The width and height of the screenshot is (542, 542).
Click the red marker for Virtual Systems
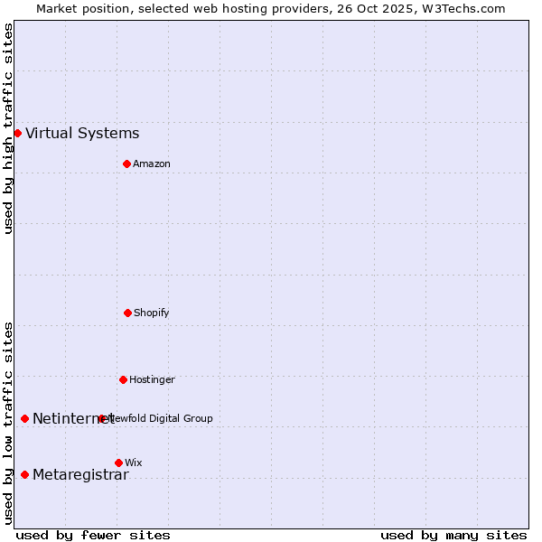tap(17, 133)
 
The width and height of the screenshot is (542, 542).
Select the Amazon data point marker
tap(126, 164)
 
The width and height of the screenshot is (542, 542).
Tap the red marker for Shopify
tap(127, 313)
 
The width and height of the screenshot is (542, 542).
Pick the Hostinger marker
tap(123, 379)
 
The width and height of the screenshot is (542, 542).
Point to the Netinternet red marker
tap(24, 418)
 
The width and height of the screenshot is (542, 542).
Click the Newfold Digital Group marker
tap(101, 418)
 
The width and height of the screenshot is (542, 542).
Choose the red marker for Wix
tap(118, 463)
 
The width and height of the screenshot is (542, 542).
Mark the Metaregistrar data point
tap(24, 475)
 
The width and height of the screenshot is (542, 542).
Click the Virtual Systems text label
tap(82, 134)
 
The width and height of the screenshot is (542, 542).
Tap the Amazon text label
tap(152, 164)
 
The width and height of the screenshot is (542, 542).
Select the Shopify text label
tap(152, 313)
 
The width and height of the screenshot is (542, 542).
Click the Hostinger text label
tap(152, 380)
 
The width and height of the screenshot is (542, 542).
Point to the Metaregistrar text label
tap(80, 475)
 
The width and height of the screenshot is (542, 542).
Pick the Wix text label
tap(134, 463)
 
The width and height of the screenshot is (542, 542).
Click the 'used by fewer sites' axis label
tap(93, 535)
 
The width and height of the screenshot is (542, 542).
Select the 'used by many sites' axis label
tap(453, 535)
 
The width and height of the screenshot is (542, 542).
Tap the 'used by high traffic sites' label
tap(9, 128)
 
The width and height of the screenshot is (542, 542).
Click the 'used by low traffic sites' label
tap(9, 423)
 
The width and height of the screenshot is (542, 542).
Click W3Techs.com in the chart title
tap(461, 8)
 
